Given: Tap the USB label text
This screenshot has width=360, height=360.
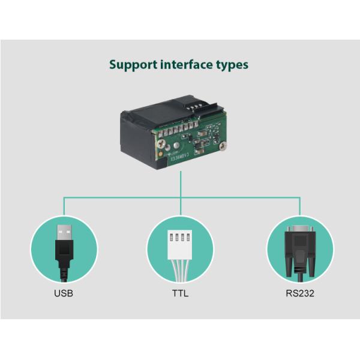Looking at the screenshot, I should coord(64,294).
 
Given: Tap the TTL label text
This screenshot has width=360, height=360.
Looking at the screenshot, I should coord(180,294).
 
